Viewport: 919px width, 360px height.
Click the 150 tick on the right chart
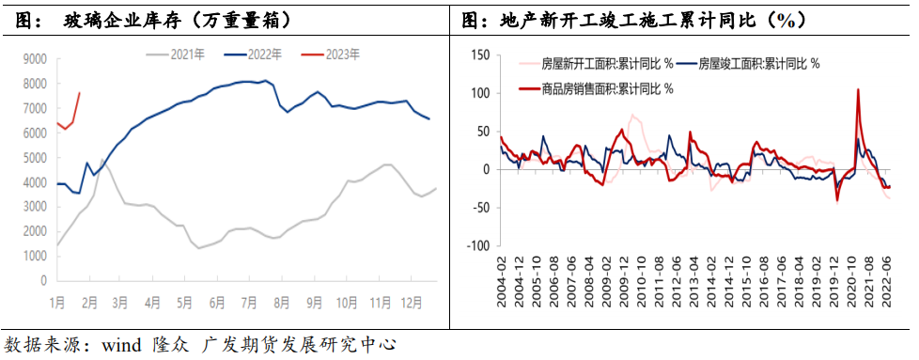(x=478, y=55)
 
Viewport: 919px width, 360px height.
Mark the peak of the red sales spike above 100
(x=858, y=90)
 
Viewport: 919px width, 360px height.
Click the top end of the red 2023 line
(x=80, y=92)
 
